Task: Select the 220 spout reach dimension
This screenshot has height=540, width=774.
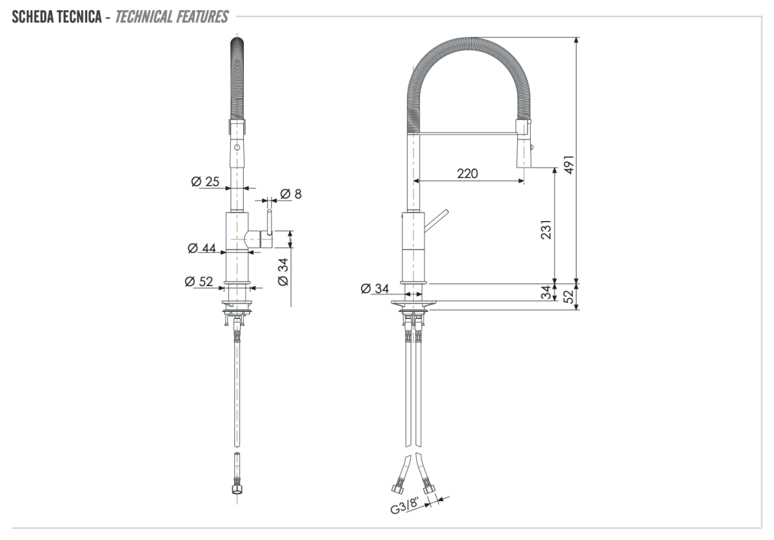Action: click(467, 173)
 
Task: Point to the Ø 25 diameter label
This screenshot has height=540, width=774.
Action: click(205, 182)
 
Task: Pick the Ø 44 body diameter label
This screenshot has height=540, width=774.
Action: click(201, 248)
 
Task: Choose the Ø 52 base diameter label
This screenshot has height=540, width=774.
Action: click(199, 281)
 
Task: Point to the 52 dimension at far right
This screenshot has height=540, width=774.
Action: click(568, 296)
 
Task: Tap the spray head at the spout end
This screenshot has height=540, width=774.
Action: click(524, 145)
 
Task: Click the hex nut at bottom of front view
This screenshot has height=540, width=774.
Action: click(236, 488)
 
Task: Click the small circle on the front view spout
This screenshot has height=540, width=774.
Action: click(237, 148)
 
